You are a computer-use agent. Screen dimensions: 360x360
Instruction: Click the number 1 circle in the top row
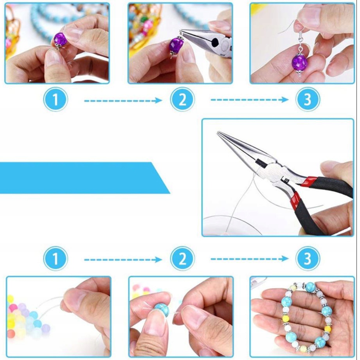tap(56, 99)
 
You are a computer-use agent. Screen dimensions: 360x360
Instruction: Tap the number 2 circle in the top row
tap(182, 99)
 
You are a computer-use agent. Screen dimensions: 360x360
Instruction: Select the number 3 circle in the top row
tap(308, 99)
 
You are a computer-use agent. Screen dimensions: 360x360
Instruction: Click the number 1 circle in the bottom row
tap(56, 259)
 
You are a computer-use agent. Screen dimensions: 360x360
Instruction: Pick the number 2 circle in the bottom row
tap(182, 259)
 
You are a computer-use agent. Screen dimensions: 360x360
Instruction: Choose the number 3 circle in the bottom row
tap(308, 258)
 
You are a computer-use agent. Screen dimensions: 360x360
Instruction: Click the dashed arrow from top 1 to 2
tap(123, 101)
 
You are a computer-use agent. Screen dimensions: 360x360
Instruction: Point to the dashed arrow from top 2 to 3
tap(250, 100)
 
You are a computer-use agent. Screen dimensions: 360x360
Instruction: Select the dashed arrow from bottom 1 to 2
tap(123, 260)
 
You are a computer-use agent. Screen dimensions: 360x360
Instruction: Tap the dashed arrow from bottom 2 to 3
tap(250, 259)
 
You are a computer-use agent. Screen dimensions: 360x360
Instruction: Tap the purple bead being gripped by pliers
tap(176, 46)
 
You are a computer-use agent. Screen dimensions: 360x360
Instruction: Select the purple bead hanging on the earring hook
tap(299, 63)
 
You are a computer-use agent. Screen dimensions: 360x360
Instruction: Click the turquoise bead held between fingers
tap(162, 309)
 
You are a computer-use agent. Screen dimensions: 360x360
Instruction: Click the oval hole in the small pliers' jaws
tap(216, 42)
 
